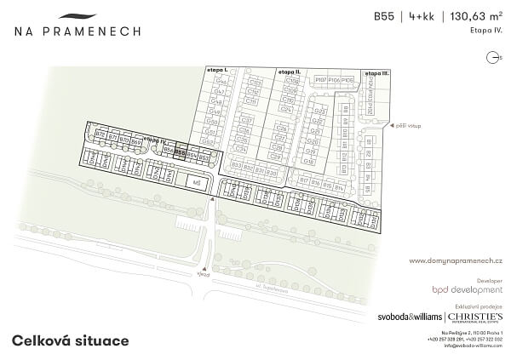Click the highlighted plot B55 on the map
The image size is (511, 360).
point(180,155)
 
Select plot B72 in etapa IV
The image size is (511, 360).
point(100,135)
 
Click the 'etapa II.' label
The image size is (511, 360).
point(288,72)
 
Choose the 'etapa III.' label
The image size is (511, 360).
point(376,73)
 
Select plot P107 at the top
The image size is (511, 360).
point(320,79)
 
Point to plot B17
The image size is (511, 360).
point(303,181)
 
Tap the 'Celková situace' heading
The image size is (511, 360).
point(70,340)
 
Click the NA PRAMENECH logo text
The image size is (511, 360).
point(77,31)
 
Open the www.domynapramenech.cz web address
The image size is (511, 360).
point(456,260)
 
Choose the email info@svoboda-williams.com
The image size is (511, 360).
point(473,346)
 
